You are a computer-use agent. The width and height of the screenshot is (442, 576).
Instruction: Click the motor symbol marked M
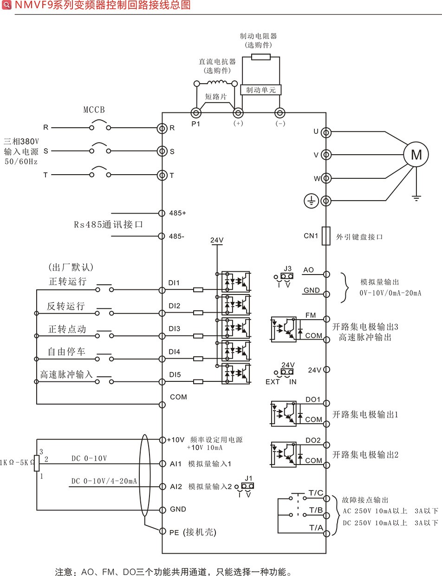(416, 154)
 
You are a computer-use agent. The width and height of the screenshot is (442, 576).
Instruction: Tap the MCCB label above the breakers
(94, 110)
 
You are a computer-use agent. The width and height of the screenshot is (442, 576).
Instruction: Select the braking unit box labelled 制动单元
(261, 90)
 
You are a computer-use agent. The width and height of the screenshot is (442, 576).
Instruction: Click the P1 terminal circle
(195, 113)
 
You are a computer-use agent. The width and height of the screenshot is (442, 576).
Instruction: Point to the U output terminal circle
(326, 132)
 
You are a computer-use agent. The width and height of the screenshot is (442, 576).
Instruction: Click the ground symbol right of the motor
(416, 197)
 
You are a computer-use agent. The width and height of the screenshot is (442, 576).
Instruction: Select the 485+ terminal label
(177, 213)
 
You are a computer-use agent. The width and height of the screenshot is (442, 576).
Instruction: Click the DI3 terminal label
(174, 328)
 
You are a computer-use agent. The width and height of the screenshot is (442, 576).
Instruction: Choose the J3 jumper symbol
(287, 275)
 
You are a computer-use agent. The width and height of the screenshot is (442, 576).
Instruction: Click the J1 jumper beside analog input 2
(248, 486)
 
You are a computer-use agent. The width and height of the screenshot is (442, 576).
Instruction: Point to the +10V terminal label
(176, 439)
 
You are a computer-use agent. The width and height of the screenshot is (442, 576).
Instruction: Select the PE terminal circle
(162, 531)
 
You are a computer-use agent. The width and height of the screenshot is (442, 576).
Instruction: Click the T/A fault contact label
(316, 528)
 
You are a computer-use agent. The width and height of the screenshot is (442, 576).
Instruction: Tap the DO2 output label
(313, 440)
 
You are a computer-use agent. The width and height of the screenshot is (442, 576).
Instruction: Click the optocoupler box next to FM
(283, 329)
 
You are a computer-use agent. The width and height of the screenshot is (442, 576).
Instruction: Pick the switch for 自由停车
(104, 358)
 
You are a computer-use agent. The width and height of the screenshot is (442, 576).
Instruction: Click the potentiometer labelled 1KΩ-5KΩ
(37, 463)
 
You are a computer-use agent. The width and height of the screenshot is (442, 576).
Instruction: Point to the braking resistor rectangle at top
(260, 57)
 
